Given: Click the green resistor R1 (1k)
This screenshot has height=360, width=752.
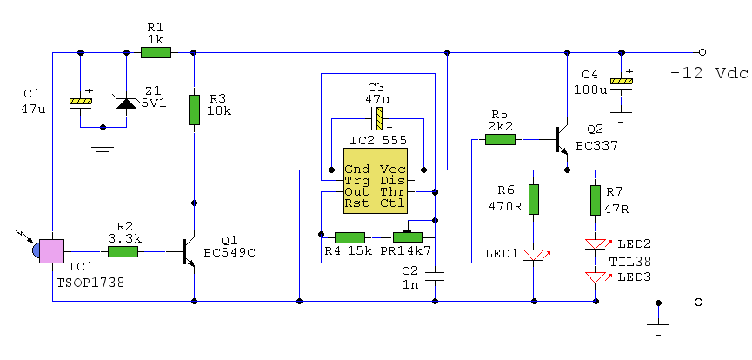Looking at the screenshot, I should click(x=156, y=52).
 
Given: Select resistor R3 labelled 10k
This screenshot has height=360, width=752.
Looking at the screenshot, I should click(x=195, y=110).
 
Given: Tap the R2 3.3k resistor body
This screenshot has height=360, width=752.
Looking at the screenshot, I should click(x=123, y=251).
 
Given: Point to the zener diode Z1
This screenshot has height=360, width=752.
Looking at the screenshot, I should click(x=127, y=102).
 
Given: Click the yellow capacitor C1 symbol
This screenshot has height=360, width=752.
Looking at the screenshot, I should click(x=81, y=102).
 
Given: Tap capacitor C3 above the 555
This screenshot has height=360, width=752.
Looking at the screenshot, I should click(x=378, y=117).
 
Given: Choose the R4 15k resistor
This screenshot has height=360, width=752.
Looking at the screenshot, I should click(x=349, y=237).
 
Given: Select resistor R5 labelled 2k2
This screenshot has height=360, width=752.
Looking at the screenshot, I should click(x=499, y=137).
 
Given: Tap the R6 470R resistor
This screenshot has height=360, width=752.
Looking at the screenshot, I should click(x=534, y=199).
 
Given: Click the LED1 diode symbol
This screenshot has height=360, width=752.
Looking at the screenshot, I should click(x=534, y=255).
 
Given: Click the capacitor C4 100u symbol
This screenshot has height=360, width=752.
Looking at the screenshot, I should click(x=620, y=83).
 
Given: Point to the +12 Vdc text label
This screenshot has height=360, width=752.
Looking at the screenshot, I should click(x=708, y=73).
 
